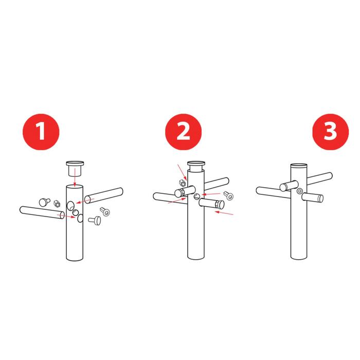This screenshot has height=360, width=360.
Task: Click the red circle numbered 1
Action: point(41,132)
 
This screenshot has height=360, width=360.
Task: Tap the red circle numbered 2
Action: point(184,132)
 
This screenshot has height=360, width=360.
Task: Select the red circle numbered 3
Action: point(331,132)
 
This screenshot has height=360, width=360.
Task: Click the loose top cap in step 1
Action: point(75,169)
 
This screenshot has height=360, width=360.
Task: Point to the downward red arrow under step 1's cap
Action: point(75,177)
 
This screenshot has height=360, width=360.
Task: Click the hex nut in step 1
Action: point(57,204)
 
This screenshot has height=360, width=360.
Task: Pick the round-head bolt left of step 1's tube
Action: point(44,202)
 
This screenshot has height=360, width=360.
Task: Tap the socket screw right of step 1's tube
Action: point(105,211)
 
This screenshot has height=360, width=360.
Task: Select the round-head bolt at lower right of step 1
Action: point(95,221)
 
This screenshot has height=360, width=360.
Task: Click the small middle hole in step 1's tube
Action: point(75,212)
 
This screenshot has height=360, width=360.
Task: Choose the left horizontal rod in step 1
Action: point(42,212)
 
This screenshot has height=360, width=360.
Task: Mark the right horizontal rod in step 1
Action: point(104,196)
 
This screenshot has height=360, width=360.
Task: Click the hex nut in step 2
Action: point(182,183)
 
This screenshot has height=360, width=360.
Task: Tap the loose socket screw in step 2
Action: point(229,195)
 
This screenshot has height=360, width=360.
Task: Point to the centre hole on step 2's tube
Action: point(197,196)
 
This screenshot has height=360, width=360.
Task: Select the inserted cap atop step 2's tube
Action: point(196,166)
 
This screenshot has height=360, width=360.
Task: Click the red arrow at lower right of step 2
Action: point(224,213)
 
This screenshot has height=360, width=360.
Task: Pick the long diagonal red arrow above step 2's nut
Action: point(183,173)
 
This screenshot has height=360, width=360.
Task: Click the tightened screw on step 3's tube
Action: point(299,191)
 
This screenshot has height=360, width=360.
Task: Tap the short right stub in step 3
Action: point(313,197)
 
